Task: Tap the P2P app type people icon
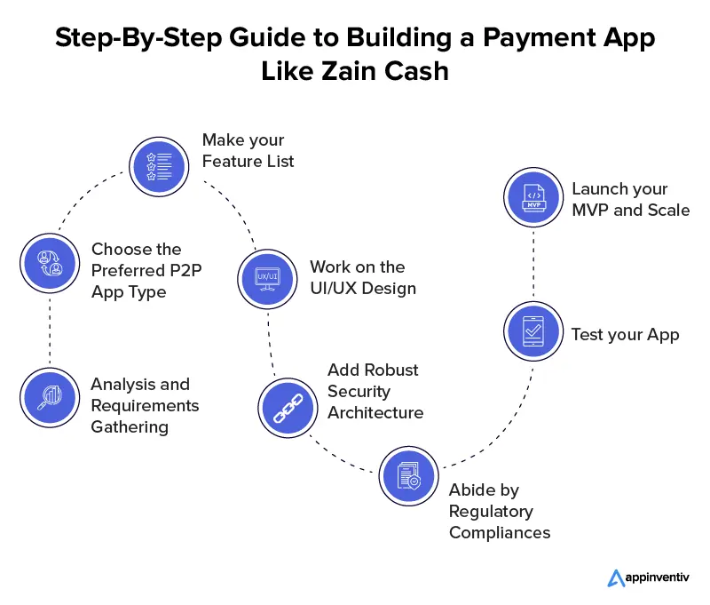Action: (x=48, y=262)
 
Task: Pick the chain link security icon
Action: (x=287, y=404)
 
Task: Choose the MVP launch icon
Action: (x=532, y=199)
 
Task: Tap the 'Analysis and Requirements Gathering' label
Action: (x=145, y=405)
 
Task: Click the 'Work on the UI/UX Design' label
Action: (x=358, y=277)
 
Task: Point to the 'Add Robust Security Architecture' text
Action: (x=375, y=391)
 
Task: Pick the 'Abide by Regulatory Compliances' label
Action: (x=500, y=511)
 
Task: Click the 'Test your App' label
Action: (x=625, y=334)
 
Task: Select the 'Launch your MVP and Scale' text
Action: (x=630, y=199)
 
